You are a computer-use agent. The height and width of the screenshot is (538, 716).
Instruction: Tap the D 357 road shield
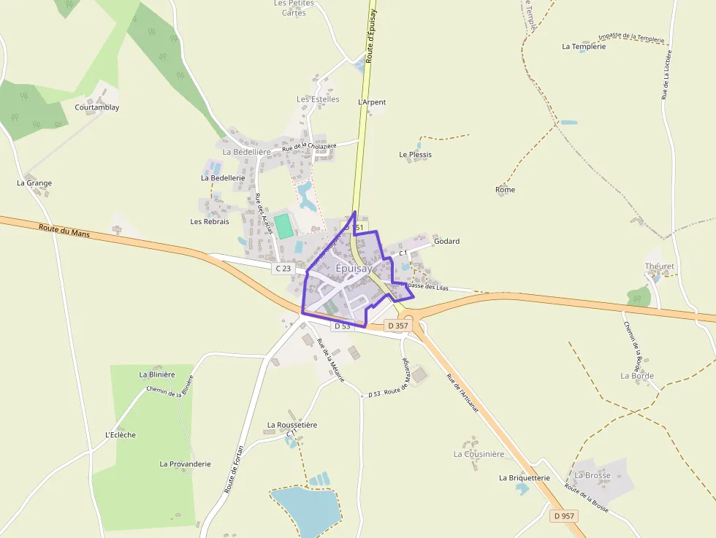point(396,326)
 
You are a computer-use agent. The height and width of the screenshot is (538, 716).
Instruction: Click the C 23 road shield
point(283,269)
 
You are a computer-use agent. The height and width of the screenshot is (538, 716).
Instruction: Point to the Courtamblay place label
point(96,107)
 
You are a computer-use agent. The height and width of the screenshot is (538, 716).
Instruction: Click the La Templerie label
point(584,46)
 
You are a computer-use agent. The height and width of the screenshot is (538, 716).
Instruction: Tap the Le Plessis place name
point(415,155)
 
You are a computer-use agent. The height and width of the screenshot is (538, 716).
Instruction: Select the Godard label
point(446,241)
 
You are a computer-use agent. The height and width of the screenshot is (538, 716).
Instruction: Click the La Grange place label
point(34,183)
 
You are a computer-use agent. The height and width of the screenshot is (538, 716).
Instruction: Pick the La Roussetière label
point(292,424)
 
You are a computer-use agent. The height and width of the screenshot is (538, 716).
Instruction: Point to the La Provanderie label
point(185,464)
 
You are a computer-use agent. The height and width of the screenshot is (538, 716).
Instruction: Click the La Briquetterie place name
point(524,477)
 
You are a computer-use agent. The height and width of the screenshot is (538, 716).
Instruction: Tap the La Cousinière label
point(479,454)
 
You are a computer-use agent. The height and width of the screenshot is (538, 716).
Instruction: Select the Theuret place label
point(659,266)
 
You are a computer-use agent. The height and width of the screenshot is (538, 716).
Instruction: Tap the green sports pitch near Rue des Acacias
point(284,226)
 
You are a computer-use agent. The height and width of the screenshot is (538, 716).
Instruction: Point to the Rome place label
point(505,190)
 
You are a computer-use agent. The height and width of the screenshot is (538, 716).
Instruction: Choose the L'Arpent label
point(372,102)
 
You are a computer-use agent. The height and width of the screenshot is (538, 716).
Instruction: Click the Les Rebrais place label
point(210,221)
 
